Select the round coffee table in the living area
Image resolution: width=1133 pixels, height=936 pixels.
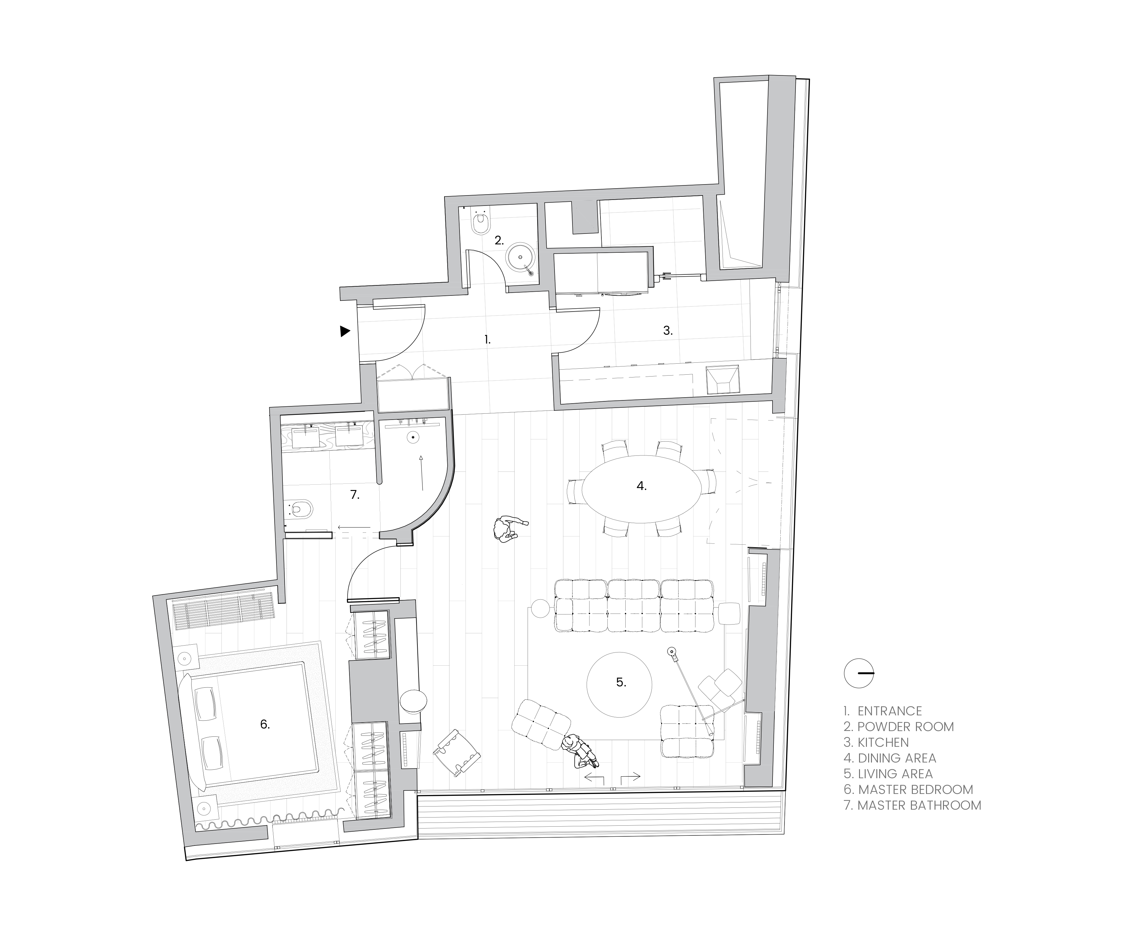coord(619,685)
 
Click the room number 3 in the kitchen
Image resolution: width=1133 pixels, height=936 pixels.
coord(668,331)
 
